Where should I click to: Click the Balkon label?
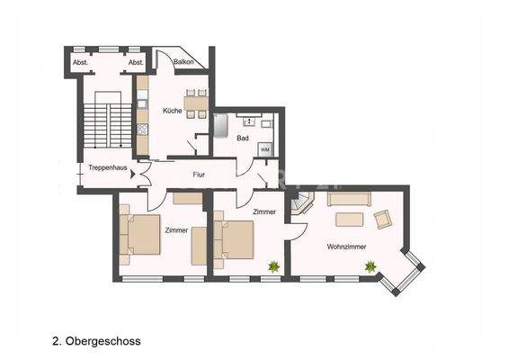[x=185, y=62]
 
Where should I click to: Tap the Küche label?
[x=172, y=111]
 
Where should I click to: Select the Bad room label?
[x=242, y=139]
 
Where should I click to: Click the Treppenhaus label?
[x=107, y=167]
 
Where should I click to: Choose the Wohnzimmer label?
[x=346, y=246]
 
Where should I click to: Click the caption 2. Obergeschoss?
[x=96, y=341]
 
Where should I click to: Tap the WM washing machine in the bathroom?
[x=265, y=148]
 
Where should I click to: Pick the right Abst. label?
[x=136, y=62]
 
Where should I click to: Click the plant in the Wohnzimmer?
[x=370, y=265]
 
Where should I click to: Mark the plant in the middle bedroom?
[x=272, y=265]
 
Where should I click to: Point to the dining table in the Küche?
[x=194, y=102]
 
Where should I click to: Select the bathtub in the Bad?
[x=221, y=123]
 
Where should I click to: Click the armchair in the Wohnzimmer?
[x=382, y=219]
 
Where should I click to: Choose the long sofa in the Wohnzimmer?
[x=350, y=198]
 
